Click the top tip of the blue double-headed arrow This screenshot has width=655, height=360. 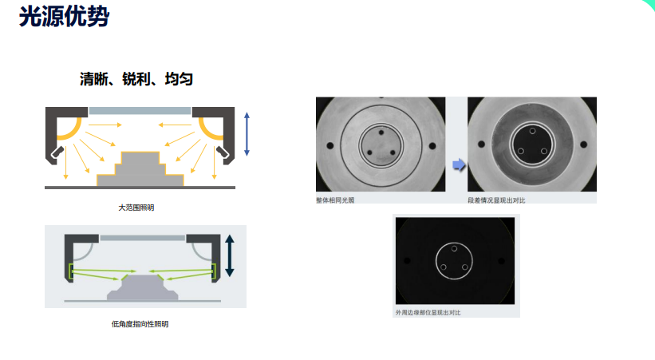247,112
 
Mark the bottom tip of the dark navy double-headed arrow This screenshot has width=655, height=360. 230,277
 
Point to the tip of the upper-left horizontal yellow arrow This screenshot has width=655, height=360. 122,125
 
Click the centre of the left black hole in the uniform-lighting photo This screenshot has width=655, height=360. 330,145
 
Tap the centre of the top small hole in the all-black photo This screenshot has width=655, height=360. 454,248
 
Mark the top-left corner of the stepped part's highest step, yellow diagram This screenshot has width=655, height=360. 121,152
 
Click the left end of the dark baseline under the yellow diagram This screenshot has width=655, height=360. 45,188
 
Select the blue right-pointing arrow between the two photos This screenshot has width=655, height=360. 459,164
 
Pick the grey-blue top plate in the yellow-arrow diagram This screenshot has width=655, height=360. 140,111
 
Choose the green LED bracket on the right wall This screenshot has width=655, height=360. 214,271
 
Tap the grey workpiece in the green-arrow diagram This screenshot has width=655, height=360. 143,287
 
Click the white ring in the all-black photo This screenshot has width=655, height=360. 454,261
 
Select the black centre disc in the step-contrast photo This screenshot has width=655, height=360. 532,144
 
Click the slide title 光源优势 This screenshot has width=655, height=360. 64,17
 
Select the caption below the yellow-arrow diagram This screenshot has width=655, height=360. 136,208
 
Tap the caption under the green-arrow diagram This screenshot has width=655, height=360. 140,324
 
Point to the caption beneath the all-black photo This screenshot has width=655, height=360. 428,312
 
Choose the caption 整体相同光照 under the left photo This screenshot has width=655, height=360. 335,200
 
